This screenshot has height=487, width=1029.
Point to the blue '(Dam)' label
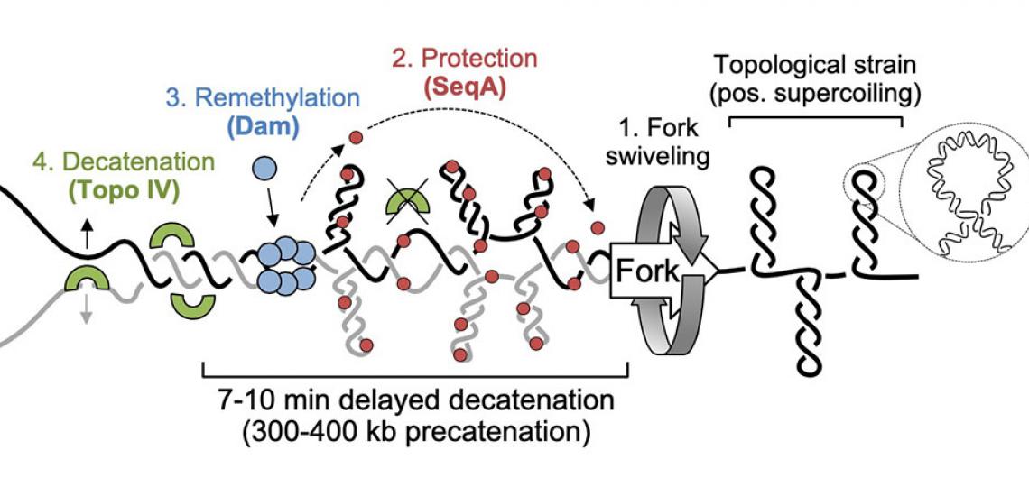click(x=273, y=126)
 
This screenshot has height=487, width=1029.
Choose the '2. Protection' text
click(x=464, y=60)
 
